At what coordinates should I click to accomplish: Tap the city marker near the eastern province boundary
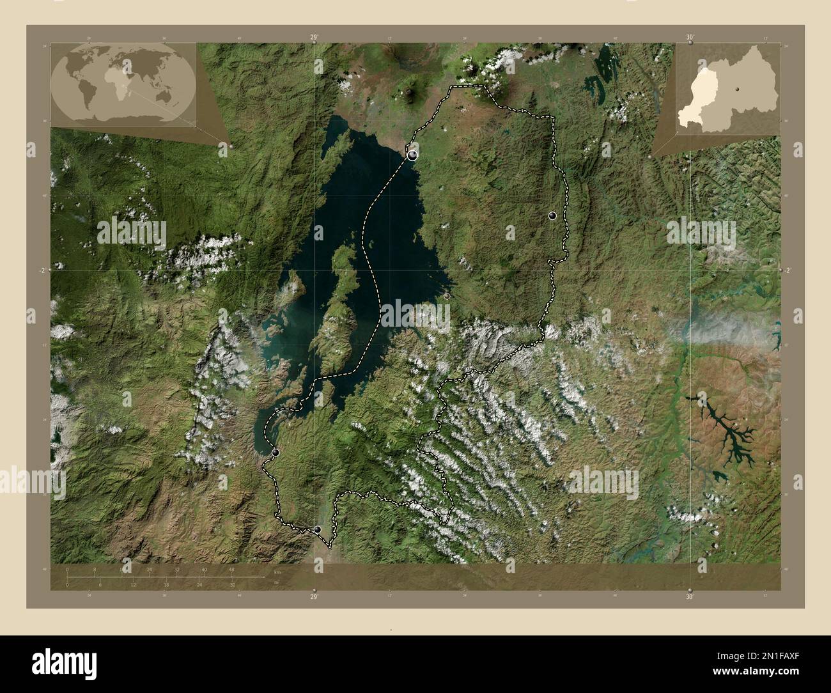pos(553,216)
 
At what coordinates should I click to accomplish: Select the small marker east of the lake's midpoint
pos(447,296)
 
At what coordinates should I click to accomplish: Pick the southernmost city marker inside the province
pos(318,529)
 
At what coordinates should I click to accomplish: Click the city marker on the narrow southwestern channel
pos(276,453)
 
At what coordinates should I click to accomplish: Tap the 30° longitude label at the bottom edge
pos(689,597)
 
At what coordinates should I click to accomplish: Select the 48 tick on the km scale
pos(231,569)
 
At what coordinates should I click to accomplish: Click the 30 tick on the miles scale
pos(233,584)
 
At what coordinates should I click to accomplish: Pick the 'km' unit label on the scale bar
pos(277,572)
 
